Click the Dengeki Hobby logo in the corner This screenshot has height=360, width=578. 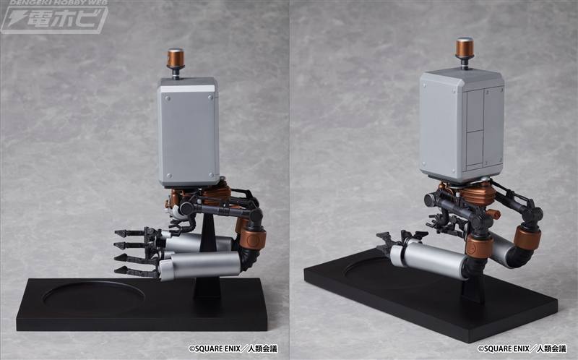click(54, 17)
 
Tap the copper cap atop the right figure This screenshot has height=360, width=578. click(465, 48)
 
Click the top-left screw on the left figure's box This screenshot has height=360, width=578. click(168, 98)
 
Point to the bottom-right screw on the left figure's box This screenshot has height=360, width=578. click(211, 175)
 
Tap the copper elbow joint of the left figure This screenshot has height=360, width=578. click(254, 238)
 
